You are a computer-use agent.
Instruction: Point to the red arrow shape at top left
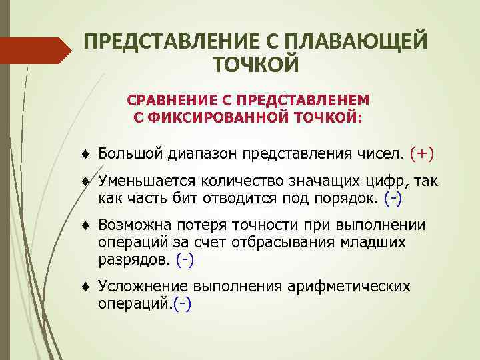tap(37, 51)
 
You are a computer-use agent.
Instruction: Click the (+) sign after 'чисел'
tap(422, 154)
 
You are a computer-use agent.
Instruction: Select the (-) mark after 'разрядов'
tap(185, 259)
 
